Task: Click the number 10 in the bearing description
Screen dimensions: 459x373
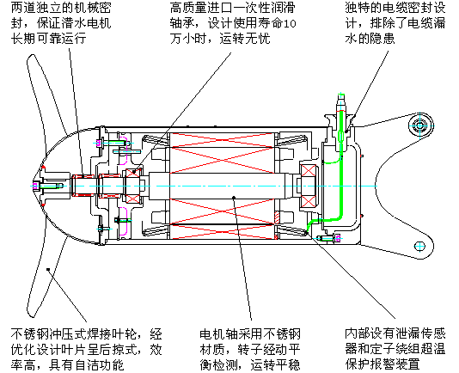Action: tap(290, 23)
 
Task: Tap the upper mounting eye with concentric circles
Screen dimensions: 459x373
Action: tap(420, 125)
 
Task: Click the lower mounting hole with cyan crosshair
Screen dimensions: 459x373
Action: tap(420, 246)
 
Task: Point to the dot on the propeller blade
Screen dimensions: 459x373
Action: tap(48, 269)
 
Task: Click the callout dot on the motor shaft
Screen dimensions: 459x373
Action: tap(234, 198)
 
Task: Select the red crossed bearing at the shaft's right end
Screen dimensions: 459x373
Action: tap(309, 186)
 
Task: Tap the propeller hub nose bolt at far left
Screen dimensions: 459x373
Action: tap(36, 186)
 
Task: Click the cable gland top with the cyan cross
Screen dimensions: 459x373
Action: tap(341, 95)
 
